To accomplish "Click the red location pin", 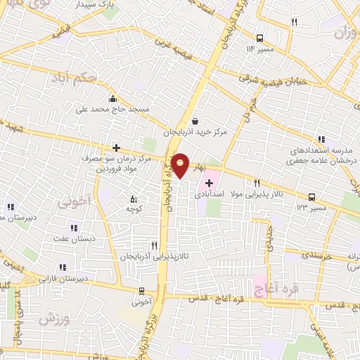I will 180,164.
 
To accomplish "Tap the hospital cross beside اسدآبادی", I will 209,183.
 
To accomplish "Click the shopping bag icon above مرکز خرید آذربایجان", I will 195,121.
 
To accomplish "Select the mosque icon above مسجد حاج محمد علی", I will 112,98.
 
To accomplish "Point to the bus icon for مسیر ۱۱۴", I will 259,38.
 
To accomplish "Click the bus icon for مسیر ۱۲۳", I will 311,198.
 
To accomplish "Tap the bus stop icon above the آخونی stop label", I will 141,291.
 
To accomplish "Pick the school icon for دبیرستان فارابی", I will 63,267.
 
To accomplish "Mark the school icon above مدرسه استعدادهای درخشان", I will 321,139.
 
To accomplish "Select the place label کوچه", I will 134,208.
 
